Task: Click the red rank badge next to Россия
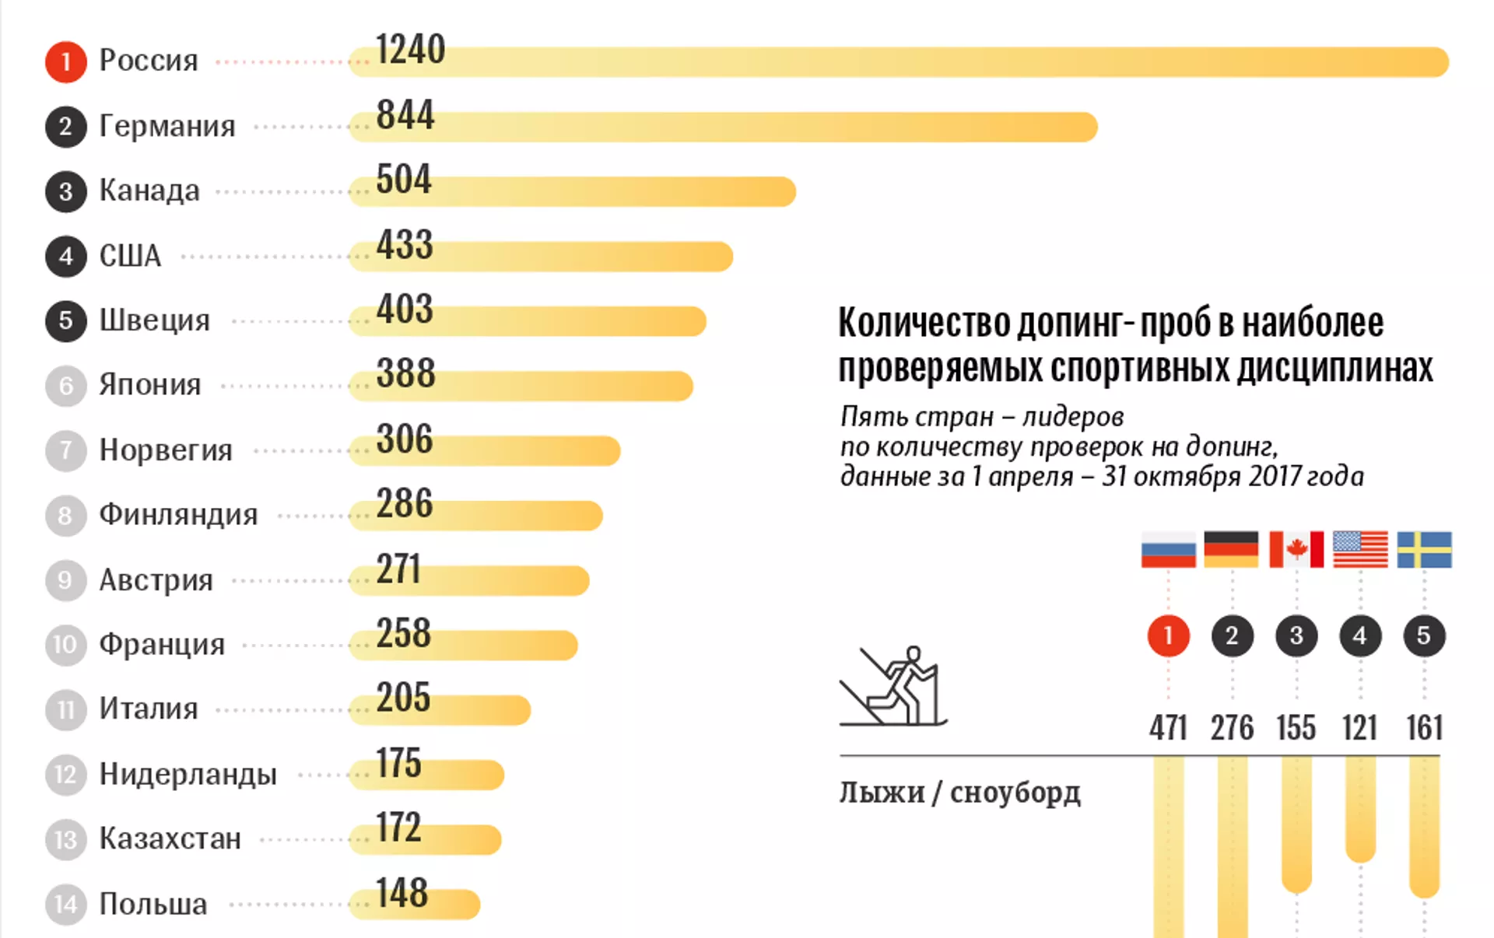65,61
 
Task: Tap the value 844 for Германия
405,115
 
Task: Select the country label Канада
149,191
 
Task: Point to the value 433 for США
405,245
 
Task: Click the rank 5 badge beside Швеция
65,320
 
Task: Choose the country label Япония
150,385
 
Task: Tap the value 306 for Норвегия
405,439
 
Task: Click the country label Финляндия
178,515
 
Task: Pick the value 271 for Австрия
398,569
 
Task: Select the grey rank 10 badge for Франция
65,645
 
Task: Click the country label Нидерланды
188,775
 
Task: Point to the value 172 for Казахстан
398,828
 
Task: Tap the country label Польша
153,905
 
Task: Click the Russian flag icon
1168,550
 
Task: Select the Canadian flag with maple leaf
1296,550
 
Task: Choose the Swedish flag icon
1424,550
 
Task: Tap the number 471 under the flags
1168,728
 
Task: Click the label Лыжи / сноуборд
959,793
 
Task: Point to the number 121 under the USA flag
1359,728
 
